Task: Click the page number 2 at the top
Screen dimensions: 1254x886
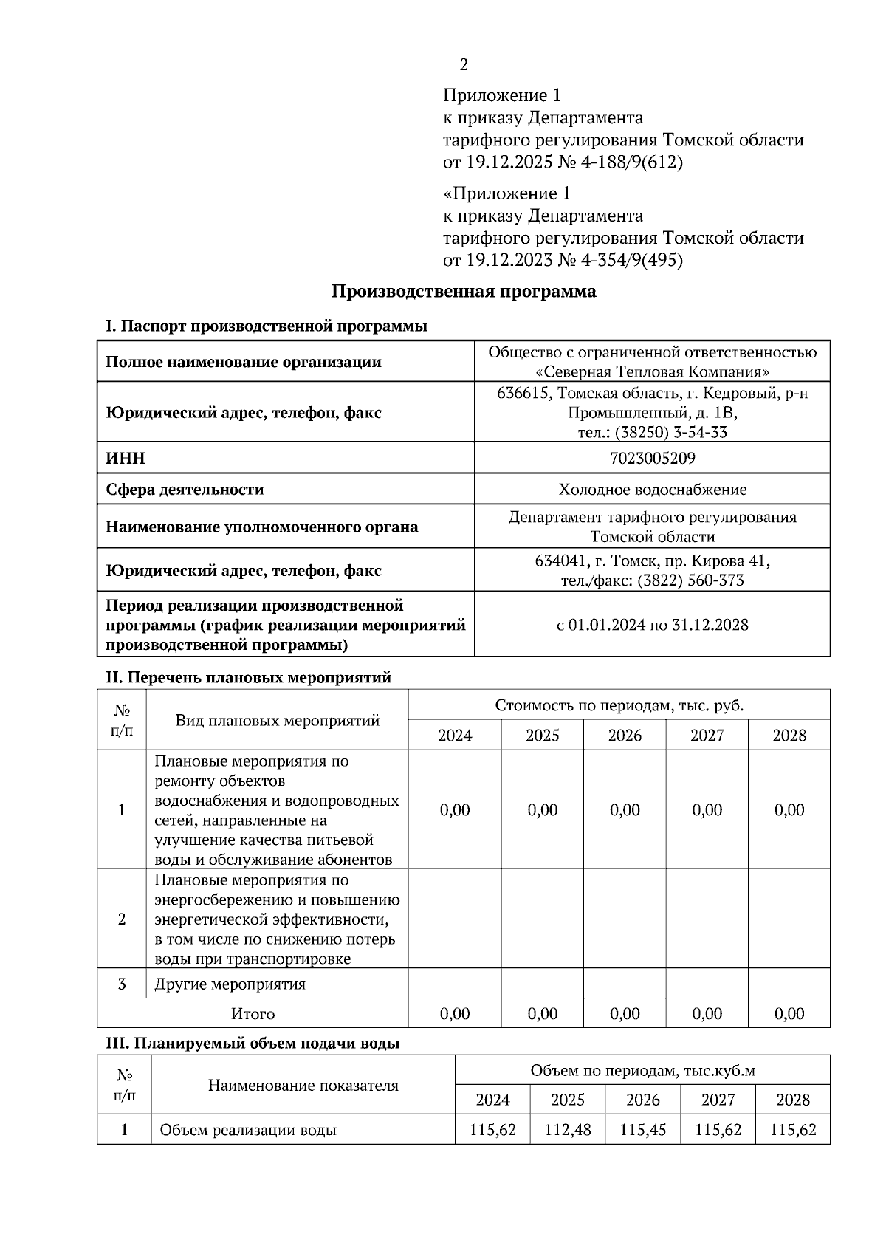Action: click(464, 65)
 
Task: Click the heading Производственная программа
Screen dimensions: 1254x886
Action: click(463, 292)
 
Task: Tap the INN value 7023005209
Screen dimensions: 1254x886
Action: click(652, 459)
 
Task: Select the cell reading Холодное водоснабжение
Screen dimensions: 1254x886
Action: click(652, 490)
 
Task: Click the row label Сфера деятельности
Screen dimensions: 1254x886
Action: click(185, 490)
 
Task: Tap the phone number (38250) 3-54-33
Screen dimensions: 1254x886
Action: click(671, 433)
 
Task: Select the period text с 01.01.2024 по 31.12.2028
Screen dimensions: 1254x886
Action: click(652, 625)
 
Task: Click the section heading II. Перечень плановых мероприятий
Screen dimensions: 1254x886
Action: click(249, 677)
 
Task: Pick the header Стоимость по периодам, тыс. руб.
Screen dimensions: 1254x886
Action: click(619, 705)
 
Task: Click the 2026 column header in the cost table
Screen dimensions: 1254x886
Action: click(625, 736)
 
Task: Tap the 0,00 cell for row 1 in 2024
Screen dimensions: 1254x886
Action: click(455, 810)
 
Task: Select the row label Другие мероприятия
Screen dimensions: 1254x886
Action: click(230, 984)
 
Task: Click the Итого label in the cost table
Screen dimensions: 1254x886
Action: click(253, 1014)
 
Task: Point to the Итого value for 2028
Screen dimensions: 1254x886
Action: click(789, 1014)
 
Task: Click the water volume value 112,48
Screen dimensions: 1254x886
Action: click(567, 1130)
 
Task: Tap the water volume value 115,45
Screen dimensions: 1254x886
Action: click(642, 1130)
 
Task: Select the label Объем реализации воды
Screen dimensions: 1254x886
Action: click(248, 1130)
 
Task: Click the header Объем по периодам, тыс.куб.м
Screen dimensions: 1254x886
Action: click(642, 1071)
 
